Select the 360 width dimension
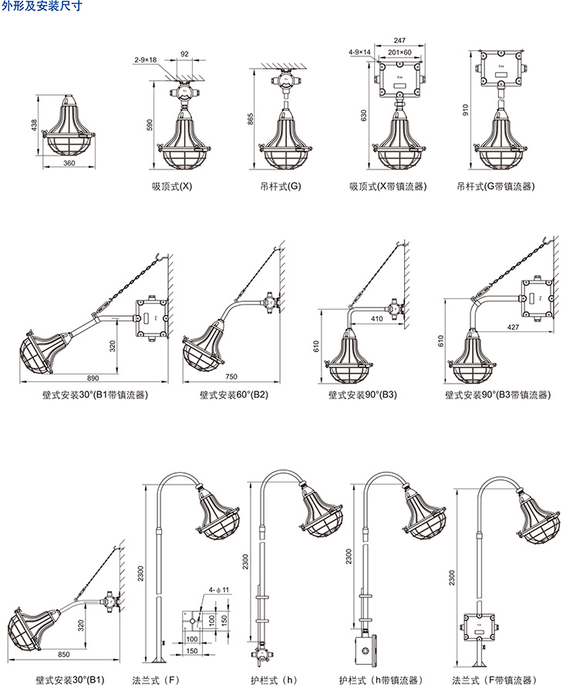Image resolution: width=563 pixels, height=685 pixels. (69, 163)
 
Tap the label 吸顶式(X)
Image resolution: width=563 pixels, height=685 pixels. (172, 186)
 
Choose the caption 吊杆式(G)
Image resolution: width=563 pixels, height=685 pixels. (281, 186)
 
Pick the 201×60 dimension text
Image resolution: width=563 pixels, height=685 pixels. (399, 52)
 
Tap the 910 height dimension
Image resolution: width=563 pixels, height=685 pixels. (465, 110)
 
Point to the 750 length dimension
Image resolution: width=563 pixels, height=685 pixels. (231, 378)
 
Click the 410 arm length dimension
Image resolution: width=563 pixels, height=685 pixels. (376, 317)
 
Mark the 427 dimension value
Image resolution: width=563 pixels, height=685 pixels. (512, 327)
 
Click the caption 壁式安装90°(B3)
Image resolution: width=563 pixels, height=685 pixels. (362, 396)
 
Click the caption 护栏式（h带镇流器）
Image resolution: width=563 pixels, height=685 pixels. (380, 680)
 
